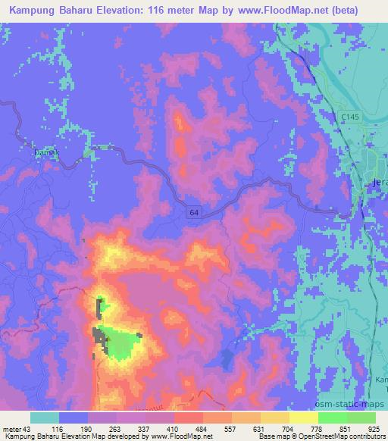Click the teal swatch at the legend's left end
click(x=45, y=418)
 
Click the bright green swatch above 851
click(x=332, y=418)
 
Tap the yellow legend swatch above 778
click(x=303, y=418)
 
